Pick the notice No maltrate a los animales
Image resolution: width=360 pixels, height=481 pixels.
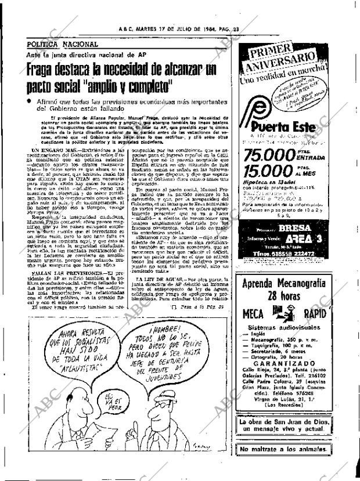[287, 450]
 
